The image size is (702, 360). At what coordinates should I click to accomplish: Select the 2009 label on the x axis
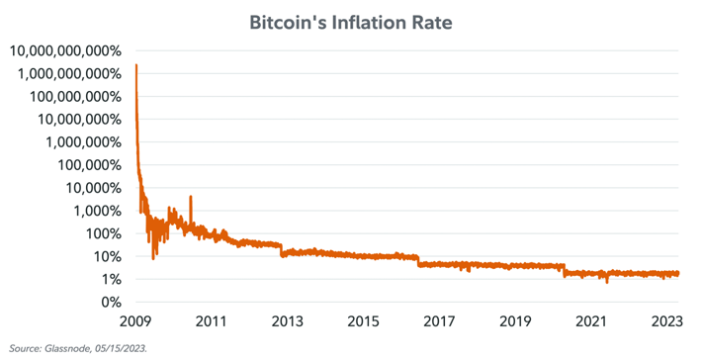click(x=134, y=321)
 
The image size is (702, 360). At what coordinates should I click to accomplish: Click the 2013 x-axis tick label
click(x=286, y=321)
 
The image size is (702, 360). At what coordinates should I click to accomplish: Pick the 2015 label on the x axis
click(x=363, y=321)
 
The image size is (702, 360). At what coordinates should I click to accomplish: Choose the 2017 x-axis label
click(x=439, y=321)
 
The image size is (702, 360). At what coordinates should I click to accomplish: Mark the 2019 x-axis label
click(x=515, y=321)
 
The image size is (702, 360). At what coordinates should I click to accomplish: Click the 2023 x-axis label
click(x=667, y=321)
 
